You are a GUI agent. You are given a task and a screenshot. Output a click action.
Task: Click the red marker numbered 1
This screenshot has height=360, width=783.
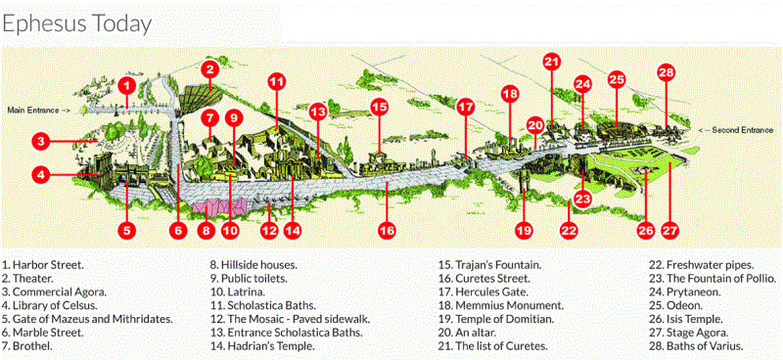click(125, 86)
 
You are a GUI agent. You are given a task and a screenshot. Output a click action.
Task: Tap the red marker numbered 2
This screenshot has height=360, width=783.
click(208, 68)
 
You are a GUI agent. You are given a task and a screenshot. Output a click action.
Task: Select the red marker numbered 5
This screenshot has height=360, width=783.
click(126, 231)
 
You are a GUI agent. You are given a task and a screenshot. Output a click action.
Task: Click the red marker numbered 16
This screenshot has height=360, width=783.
click(388, 231)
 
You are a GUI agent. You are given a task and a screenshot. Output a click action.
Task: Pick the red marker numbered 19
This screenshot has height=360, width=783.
click(524, 231)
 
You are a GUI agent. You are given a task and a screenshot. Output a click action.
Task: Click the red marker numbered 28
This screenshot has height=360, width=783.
click(667, 72)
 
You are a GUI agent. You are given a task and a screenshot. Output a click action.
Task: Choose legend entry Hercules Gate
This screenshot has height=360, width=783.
click(485, 292)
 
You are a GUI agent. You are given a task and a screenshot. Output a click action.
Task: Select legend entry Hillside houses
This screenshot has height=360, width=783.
click(253, 264)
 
